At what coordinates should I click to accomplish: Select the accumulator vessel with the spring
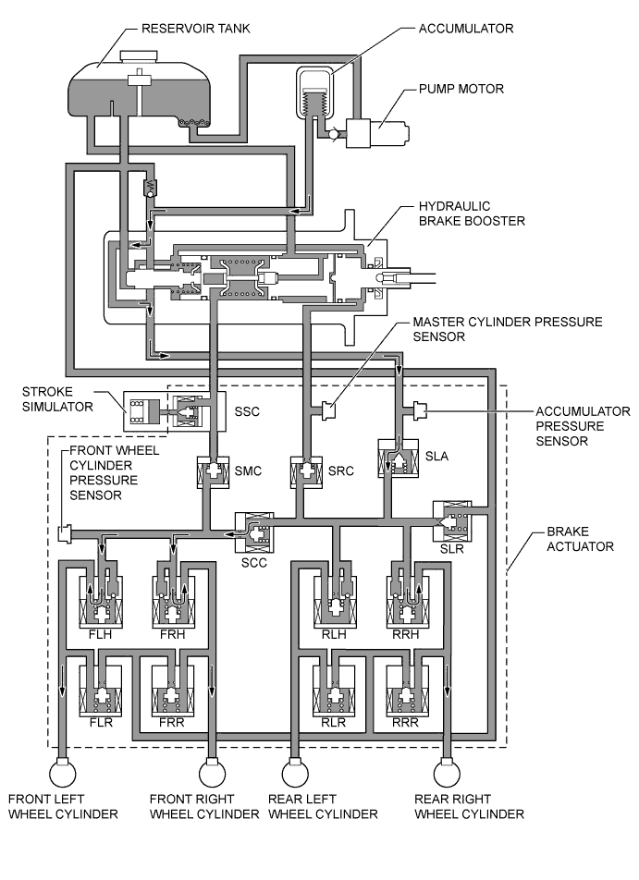[x=315, y=96]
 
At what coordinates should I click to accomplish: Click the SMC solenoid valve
[x=213, y=472]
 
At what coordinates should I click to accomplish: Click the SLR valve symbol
[x=451, y=521]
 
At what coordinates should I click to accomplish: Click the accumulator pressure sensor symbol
[x=421, y=408]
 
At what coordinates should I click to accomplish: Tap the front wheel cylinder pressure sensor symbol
[x=65, y=533]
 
